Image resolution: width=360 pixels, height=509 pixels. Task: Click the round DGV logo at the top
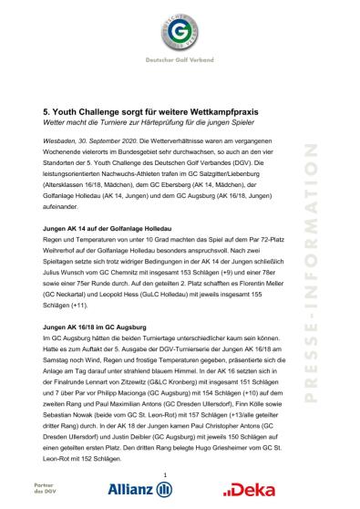click(x=180, y=36)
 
